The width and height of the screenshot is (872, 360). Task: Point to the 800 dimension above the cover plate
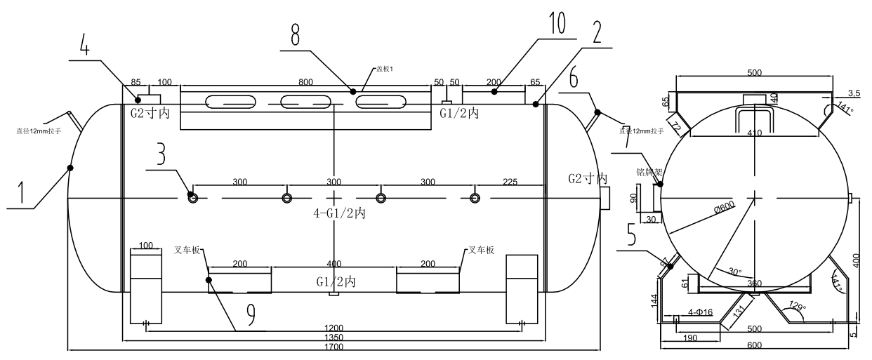coord(305,82)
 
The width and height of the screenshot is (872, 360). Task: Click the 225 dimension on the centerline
coord(510,182)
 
